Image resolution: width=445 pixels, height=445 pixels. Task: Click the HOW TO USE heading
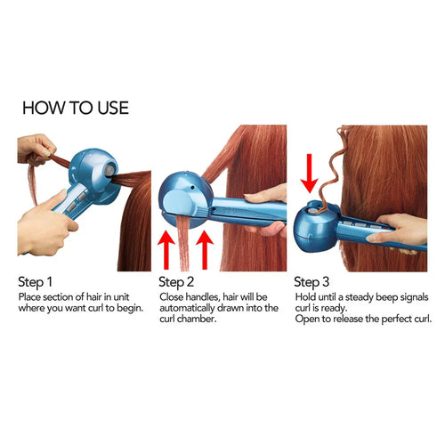pos(76,108)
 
